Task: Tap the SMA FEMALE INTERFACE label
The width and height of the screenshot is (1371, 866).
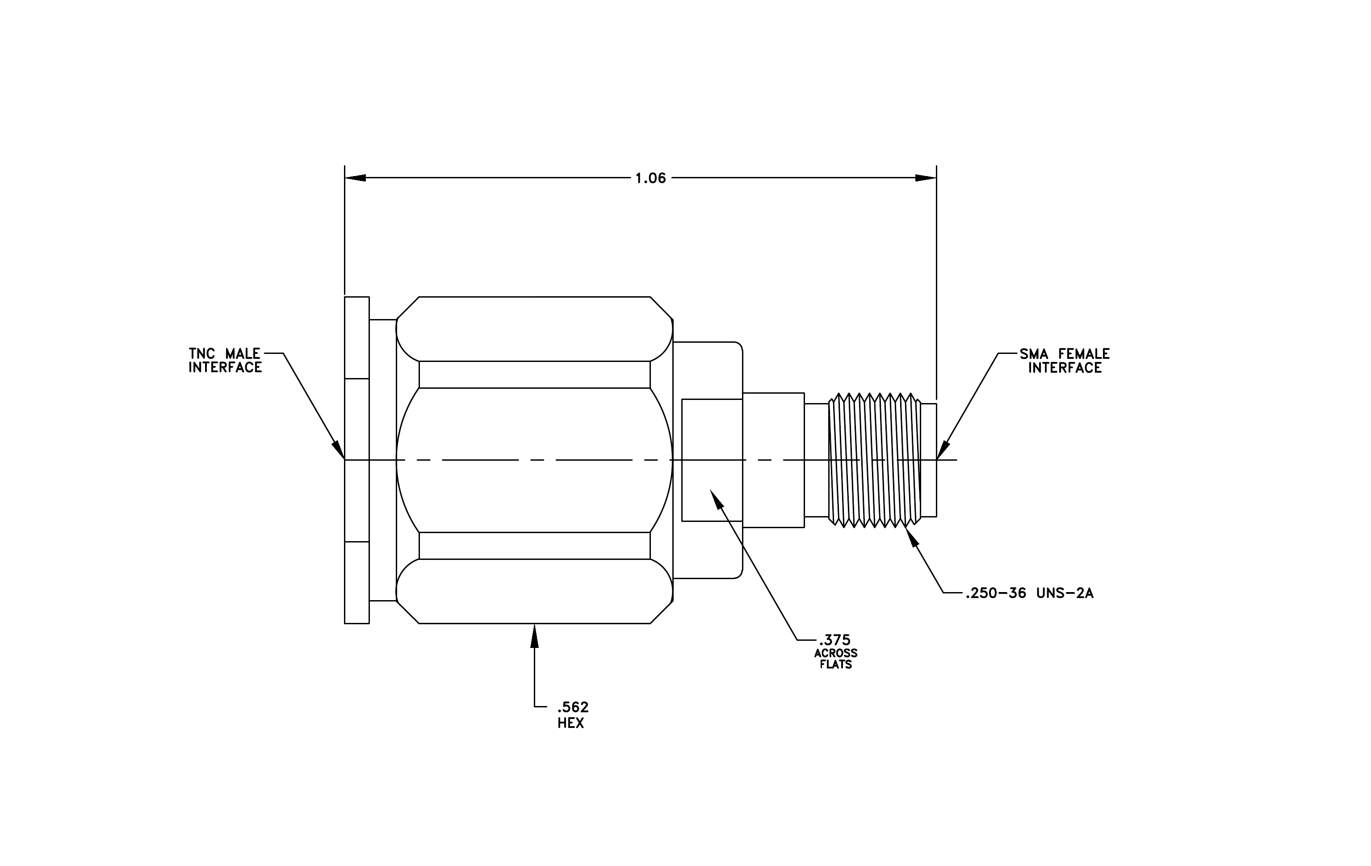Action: tap(1064, 361)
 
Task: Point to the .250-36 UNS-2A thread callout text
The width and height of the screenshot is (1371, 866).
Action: tap(1029, 593)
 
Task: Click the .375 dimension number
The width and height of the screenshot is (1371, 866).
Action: tap(834, 640)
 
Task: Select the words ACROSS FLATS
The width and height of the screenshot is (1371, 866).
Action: tap(836, 659)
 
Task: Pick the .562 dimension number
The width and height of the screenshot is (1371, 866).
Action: tap(573, 707)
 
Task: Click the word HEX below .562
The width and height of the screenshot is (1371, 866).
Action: tap(570, 723)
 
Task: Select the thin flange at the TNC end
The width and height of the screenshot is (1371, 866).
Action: tap(357, 460)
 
